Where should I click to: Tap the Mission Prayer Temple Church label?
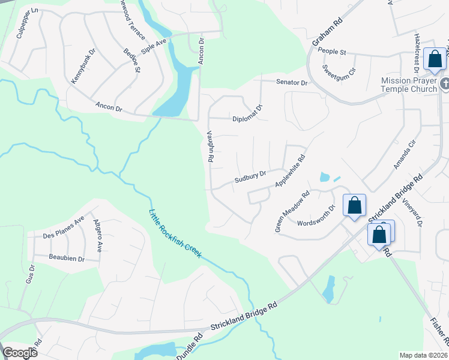click(409, 85)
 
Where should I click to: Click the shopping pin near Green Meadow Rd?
click(355, 205)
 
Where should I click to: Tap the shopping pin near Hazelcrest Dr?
click(434, 59)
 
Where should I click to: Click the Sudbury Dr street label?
click(250, 179)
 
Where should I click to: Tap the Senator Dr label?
click(291, 82)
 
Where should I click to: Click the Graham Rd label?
click(327, 32)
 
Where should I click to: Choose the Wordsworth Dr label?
click(316, 217)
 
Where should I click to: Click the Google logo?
click(20, 353)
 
